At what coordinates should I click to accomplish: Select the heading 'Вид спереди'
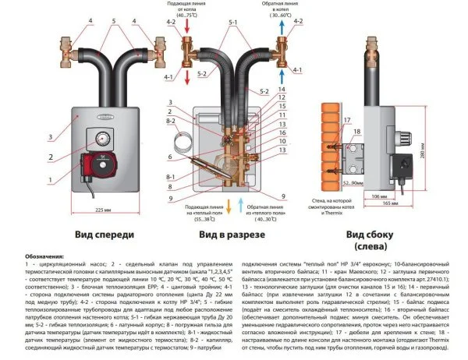[105, 234]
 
